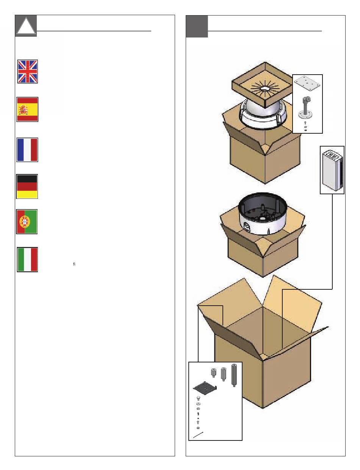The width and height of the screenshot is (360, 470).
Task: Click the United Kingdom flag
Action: pos(28,71)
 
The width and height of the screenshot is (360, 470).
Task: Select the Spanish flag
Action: pos(27,109)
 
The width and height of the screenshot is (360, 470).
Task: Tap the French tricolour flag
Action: pos(27,150)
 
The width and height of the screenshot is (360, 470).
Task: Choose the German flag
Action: pos(27,186)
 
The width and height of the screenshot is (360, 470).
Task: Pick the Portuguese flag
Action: pos(27,222)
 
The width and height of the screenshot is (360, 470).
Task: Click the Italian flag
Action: pos(27,259)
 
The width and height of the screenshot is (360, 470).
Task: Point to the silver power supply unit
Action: pos(332,170)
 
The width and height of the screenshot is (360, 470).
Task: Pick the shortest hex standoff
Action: pos(213,373)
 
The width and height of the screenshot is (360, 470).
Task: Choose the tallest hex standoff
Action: pos(234,375)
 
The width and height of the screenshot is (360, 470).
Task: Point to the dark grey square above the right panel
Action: pos(197,27)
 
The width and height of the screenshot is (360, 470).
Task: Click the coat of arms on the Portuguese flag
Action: pos(24,222)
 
